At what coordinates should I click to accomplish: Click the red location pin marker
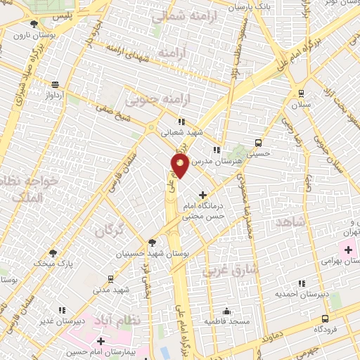[179, 166]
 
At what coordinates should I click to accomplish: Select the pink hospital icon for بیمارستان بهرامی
[348, 250]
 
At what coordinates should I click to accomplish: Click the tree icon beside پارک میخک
[53, 252]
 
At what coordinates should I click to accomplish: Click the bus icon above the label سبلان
[302, 92]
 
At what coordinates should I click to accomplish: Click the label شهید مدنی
[112, 290]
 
